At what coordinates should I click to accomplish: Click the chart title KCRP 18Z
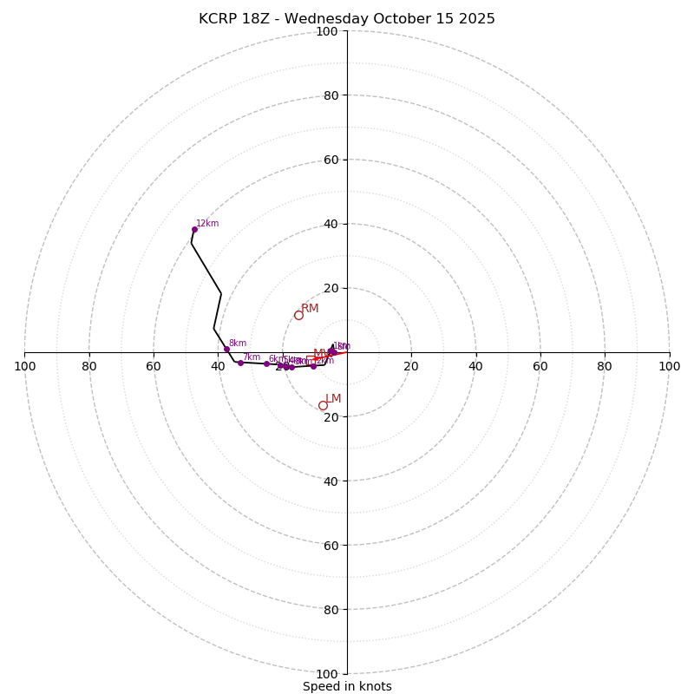tap(347, 19)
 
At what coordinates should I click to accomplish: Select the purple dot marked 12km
tap(194, 229)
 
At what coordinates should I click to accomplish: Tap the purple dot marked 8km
tap(226, 349)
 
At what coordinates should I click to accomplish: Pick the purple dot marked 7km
tap(240, 363)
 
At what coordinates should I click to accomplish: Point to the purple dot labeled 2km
tap(313, 366)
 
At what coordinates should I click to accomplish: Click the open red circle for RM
tap(298, 315)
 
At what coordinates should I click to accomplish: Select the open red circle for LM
tap(323, 405)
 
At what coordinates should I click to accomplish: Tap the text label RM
tap(310, 309)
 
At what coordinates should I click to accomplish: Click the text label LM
tap(333, 399)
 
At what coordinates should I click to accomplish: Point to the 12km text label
tap(207, 224)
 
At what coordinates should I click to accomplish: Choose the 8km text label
tap(238, 344)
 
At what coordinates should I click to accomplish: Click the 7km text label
tap(252, 357)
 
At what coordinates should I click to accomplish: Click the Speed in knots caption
tap(347, 687)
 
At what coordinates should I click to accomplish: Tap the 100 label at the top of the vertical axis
tap(327, 31)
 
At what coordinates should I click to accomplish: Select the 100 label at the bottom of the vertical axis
tap(327, 674)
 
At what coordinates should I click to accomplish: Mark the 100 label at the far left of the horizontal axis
tap(24, 366)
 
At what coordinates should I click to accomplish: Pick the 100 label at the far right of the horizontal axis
tap(669, 366)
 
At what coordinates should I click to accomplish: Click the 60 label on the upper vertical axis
tap(331, 160)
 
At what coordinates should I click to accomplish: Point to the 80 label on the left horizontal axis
tap(89, 366)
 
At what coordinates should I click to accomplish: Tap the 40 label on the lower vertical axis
tap(331, 481)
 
